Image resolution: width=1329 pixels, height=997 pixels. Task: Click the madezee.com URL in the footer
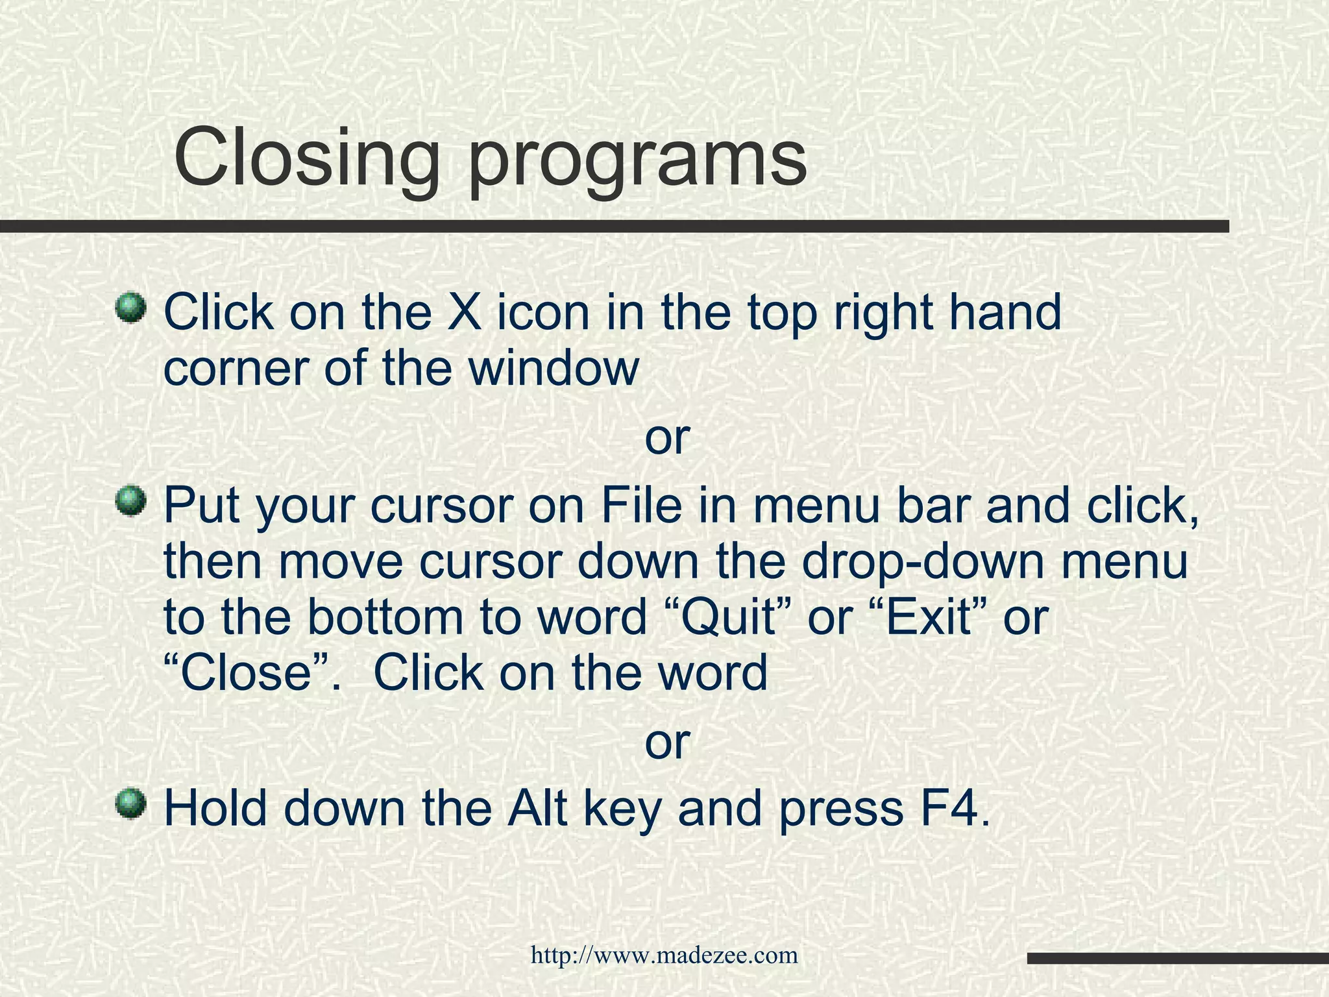point(664,955)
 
